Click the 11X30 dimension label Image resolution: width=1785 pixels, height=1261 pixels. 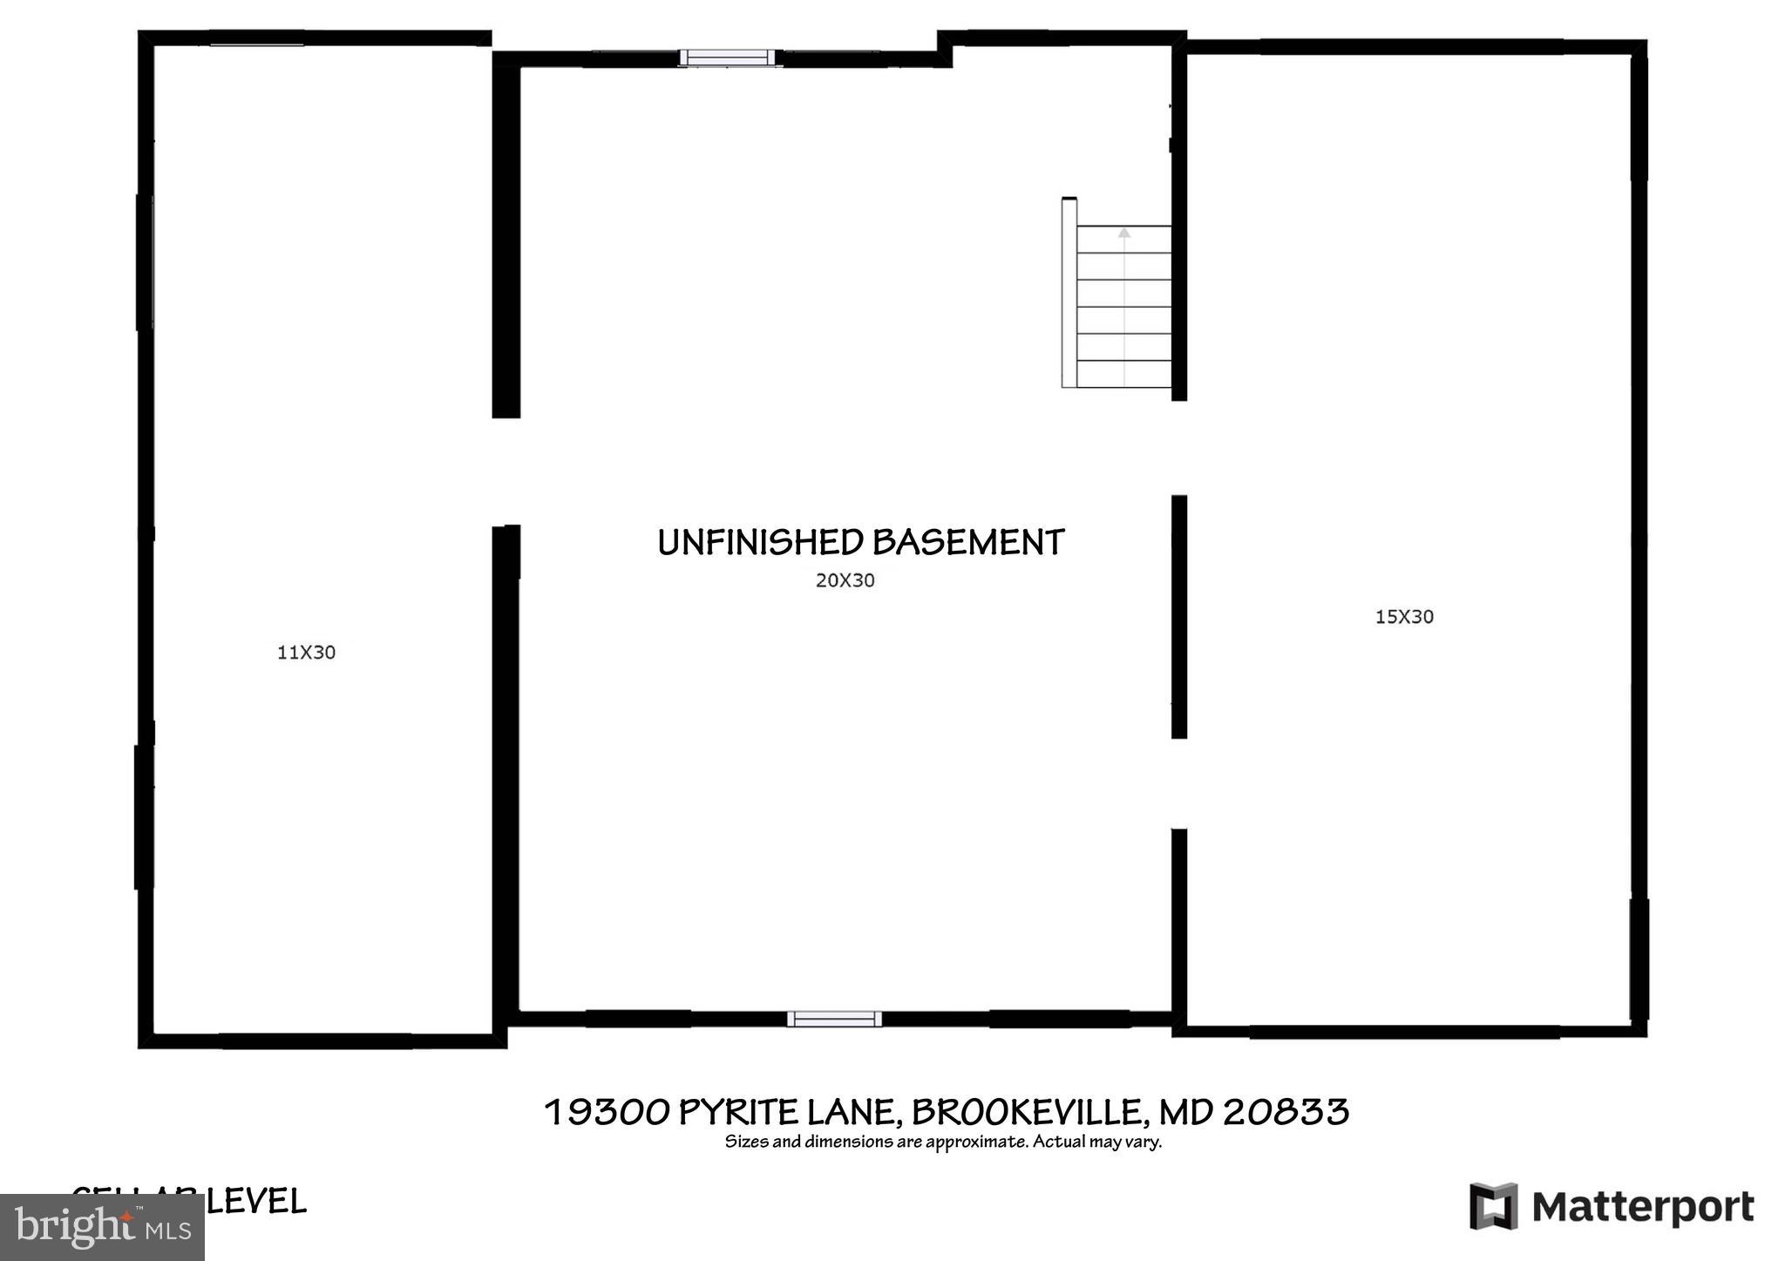(306, 652)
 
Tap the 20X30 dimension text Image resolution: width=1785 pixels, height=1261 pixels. (845, 580)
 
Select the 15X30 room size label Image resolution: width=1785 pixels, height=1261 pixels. (1403, 617)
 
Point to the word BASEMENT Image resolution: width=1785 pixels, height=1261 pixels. (967, 542)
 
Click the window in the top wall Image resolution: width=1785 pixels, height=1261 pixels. (727, 58)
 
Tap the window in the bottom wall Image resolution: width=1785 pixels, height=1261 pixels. (834, 1019)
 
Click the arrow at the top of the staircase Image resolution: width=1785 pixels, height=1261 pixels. (1123, 233)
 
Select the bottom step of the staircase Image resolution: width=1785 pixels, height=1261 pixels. (1123, 374)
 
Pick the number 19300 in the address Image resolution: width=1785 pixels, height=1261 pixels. (607, 1112)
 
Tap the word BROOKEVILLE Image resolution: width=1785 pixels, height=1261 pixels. (1027, 1112)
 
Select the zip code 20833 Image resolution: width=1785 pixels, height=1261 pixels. (1286, 1112)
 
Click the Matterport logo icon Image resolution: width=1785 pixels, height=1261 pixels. (1493, 1206)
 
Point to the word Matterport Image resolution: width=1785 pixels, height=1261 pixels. (1642, 1208)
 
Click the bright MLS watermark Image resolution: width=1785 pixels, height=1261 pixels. (102, 1227)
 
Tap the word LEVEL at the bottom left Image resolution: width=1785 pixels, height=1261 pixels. (256, 1202)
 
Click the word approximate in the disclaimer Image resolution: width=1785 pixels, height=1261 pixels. (977, 1142)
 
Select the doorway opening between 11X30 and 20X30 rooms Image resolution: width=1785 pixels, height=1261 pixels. (506, 471)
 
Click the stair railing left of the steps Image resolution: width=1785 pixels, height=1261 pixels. (1069, 294)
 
